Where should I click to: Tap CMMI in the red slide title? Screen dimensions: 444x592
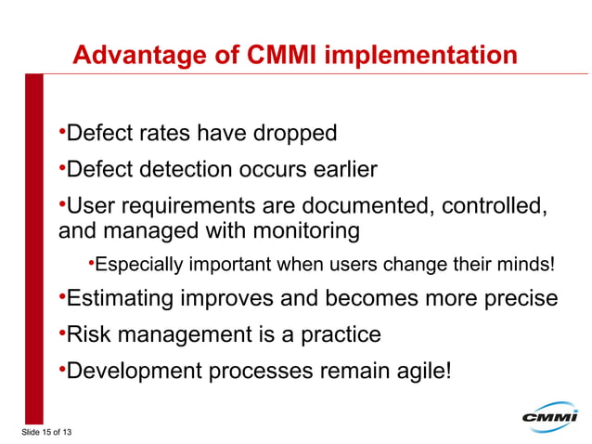[x=281, y=56]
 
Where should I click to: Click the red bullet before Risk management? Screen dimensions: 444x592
[x=61, y=332]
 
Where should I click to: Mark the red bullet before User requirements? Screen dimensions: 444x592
[x=61, y=202]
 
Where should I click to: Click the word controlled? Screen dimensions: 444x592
[x=492, y=204]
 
